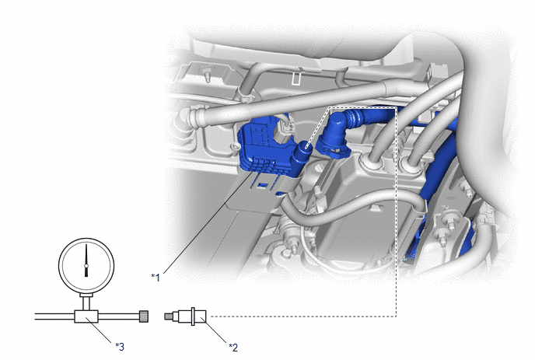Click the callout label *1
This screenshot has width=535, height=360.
[x=156, y=278]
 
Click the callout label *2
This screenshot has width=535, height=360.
[x=233, y=348]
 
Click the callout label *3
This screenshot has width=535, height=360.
[x=120, y=347]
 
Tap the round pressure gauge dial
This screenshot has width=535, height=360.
[x=86, y=265]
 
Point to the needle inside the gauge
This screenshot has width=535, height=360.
[x=86, y=260]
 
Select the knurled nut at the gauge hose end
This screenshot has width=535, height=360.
[x=144, y=316]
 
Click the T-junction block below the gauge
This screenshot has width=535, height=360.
[x=86, y=316]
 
